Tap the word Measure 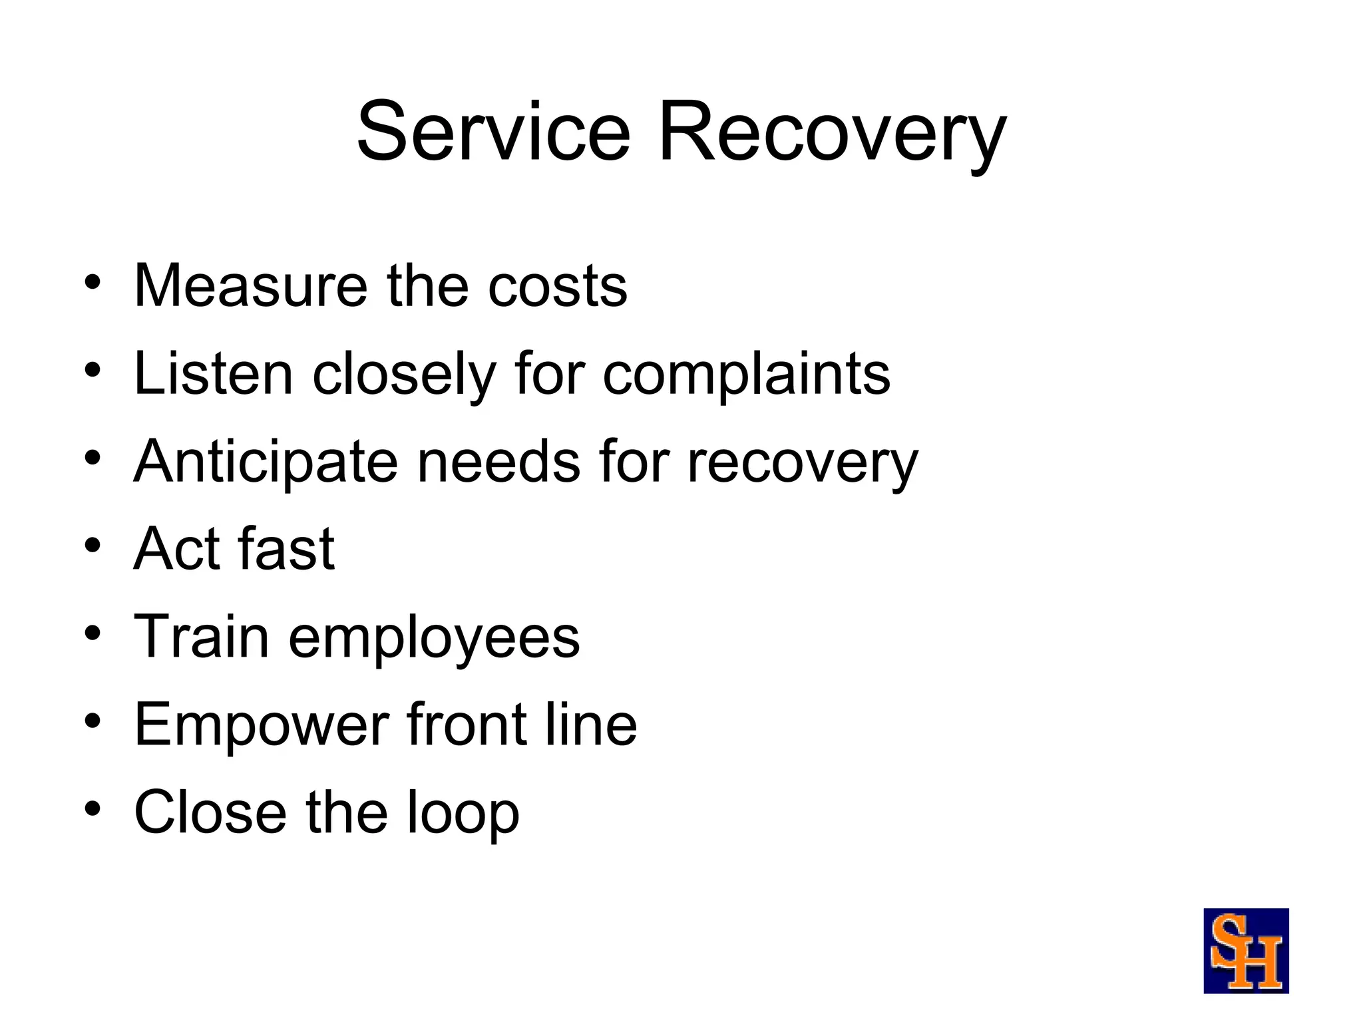[250, 285]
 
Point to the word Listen [213, 374]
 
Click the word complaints [746, 376]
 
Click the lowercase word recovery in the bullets [802, 464]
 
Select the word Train [202, 637]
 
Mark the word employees [434, 639]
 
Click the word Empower [262, 726]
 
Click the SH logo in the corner [1246, 951]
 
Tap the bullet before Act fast [93, 546]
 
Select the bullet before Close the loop [93, 808]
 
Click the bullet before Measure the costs [93, 282]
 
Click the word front [468, 725]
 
